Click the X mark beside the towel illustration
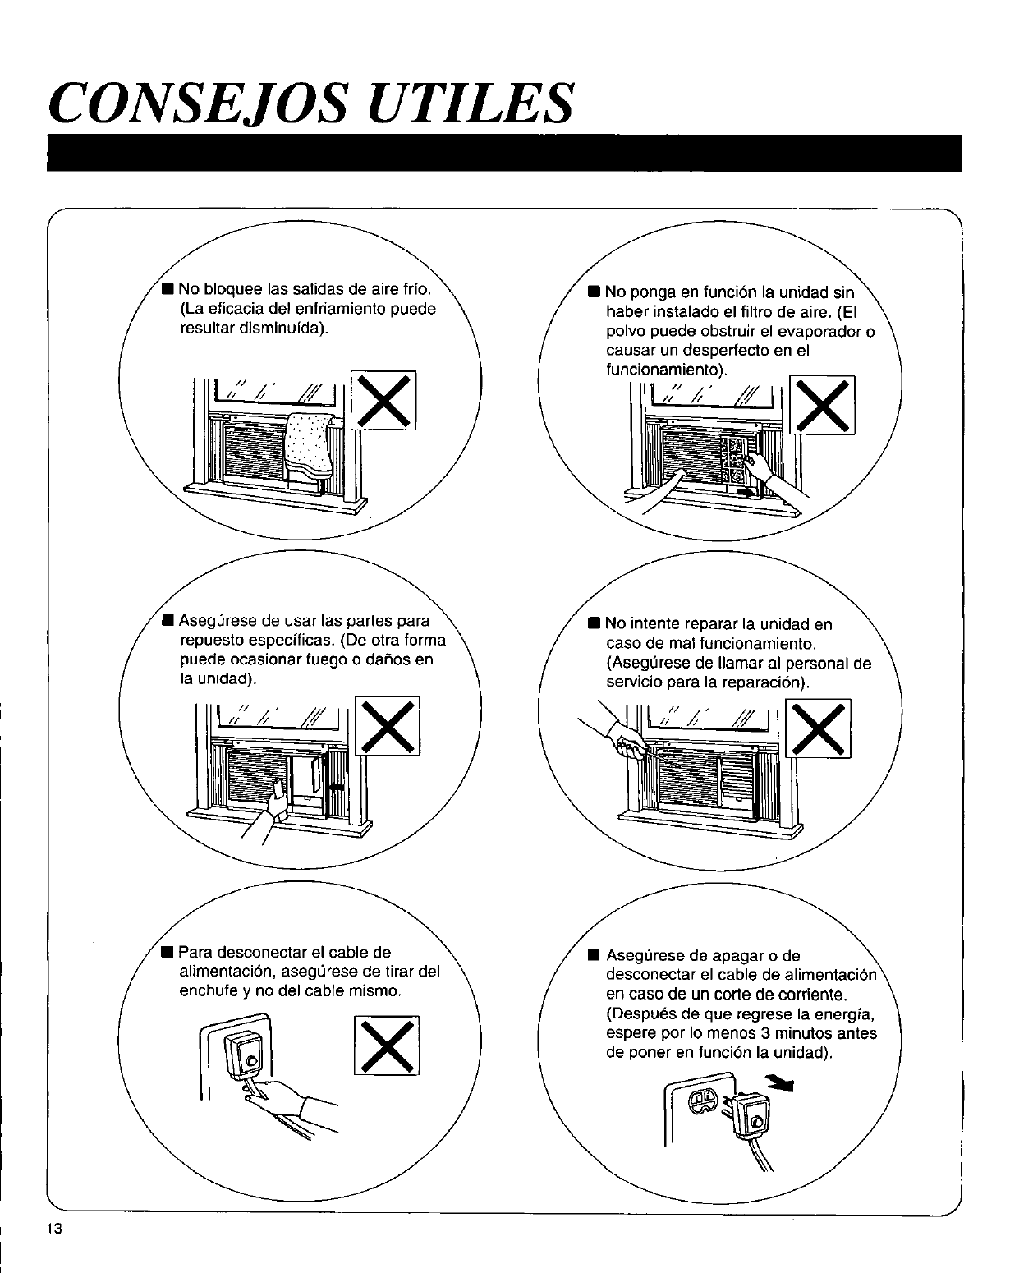click(383, 400)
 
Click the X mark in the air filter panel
click(821, 404)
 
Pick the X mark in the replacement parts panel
click(388, 724)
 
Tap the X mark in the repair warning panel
click(819, 728)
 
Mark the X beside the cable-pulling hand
click(387, 1045)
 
